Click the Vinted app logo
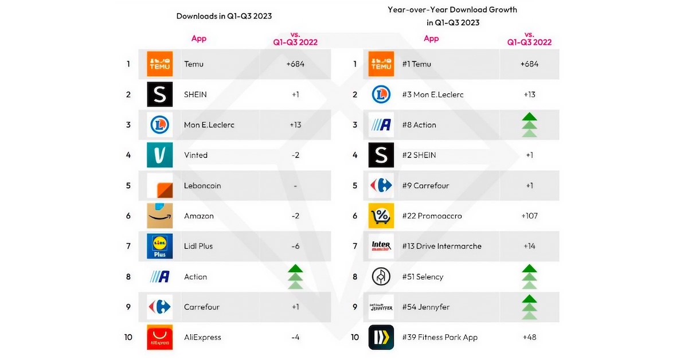tap(159, 155)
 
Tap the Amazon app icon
tap(159, 216)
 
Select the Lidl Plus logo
tap(159, 246)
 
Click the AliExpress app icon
tap(159, 337)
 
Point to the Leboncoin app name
tap(202, 186)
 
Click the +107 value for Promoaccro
tap(529, 216)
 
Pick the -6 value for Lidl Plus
tap(295, 246)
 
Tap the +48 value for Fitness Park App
tap(529, 338)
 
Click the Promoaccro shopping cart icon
tap(381, 216)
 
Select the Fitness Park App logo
tap(381, 337)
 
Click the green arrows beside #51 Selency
tap(529, 277)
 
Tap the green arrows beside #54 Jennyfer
tap(529, 307)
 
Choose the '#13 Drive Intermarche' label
tap(441, 246)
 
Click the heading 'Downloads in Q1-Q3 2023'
tap(224, 16)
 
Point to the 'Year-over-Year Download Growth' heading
tap(452, 10)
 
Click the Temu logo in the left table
tap(159, 64)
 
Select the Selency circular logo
tap(381, 276)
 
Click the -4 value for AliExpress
tap(295, 338)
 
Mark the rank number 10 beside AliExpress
tap(128, 337)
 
